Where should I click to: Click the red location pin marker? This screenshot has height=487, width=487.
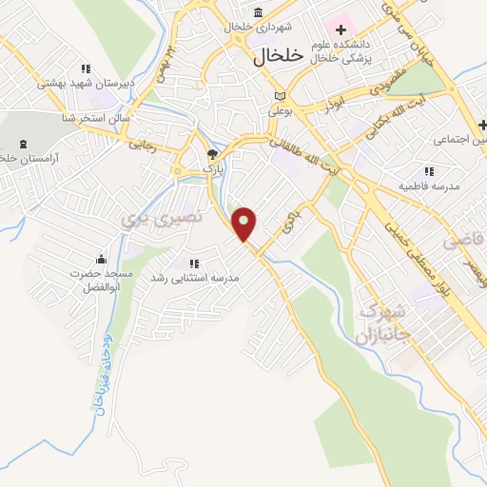245,224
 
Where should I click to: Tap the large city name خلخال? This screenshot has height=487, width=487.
278,56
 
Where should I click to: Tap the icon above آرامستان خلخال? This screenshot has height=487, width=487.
23,144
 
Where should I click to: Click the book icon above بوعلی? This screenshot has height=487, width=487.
279,96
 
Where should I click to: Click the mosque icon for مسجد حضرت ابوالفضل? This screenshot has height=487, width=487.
101,260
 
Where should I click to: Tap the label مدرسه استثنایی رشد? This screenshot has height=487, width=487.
194,277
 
